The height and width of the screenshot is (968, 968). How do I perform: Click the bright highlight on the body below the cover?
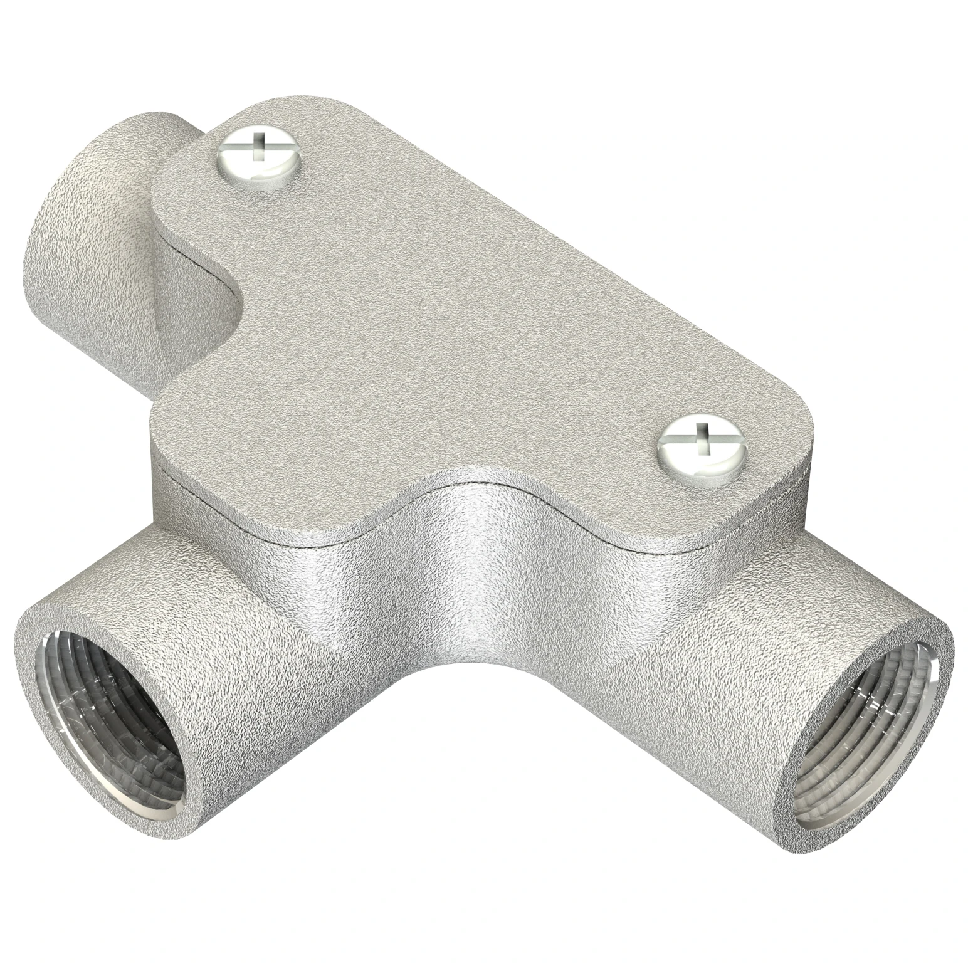(x=476, y=564)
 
